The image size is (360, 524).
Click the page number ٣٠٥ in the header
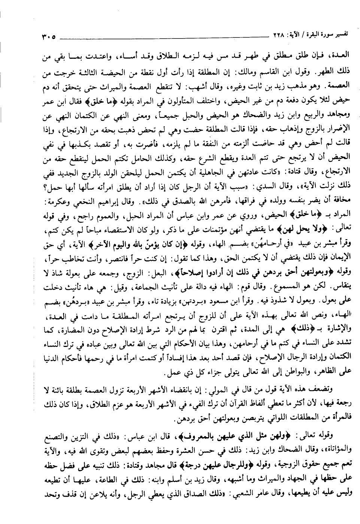(46, 37)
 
